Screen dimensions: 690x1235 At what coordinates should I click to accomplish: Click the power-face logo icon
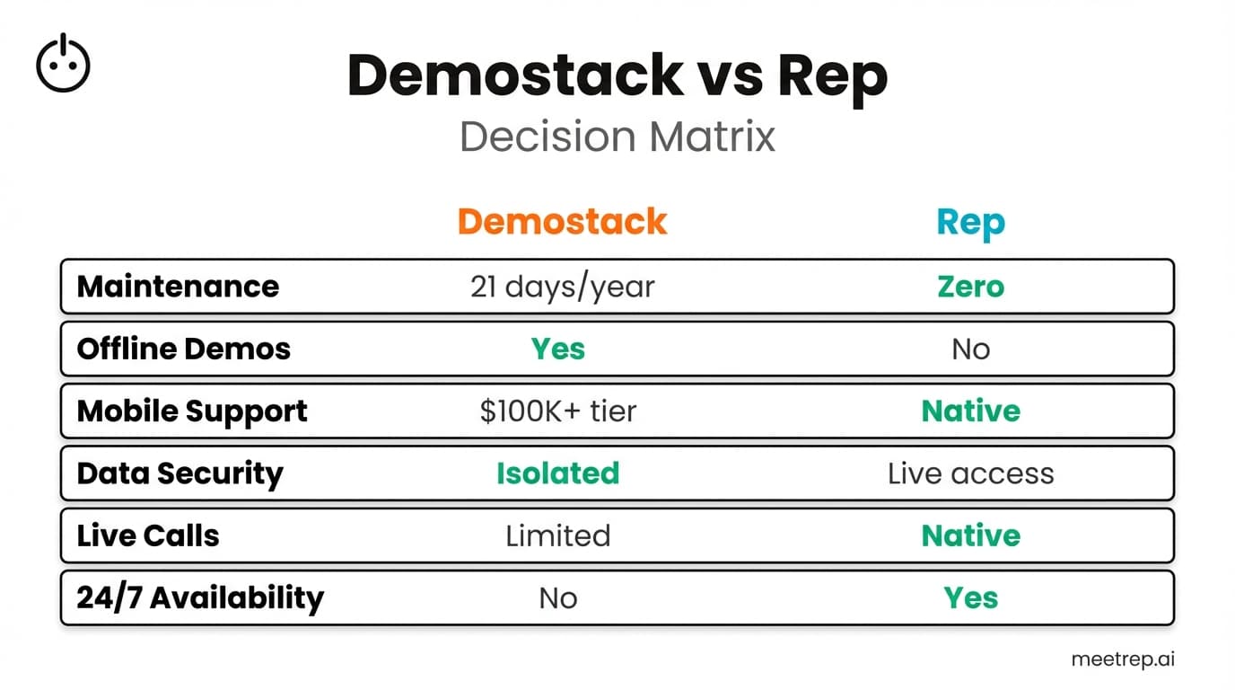[63, 64]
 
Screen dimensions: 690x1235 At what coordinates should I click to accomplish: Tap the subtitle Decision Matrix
[617, 137]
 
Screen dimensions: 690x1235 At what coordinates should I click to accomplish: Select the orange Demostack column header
[562, 221]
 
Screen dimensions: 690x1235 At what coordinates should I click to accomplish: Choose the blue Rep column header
[970, 222]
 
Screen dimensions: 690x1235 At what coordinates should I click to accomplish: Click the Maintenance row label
[178, 287]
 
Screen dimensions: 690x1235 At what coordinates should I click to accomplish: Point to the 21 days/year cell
[562, 287]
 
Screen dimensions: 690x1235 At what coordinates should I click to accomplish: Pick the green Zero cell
[970, 287]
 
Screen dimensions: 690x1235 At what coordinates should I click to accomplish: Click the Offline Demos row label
[183, 349]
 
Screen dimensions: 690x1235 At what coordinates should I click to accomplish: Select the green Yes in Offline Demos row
[557, 349]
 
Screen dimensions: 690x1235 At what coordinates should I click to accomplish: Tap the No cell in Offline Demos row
[970, 349]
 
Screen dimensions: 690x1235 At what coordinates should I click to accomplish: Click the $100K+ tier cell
[557, 411]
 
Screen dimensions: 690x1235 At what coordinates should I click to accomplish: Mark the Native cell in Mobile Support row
[970, 411]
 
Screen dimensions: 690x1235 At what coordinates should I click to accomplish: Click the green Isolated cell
[557, 473]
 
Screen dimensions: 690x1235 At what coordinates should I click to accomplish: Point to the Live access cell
[970, 473]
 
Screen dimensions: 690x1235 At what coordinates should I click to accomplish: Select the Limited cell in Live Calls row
[557, 536]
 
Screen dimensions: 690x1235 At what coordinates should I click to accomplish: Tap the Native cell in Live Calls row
[970, 536]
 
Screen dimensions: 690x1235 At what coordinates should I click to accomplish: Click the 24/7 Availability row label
[199, 598]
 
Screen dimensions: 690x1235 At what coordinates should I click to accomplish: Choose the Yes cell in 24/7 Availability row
[970, 598]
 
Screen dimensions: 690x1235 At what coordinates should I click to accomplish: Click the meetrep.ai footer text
[1122, 659]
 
